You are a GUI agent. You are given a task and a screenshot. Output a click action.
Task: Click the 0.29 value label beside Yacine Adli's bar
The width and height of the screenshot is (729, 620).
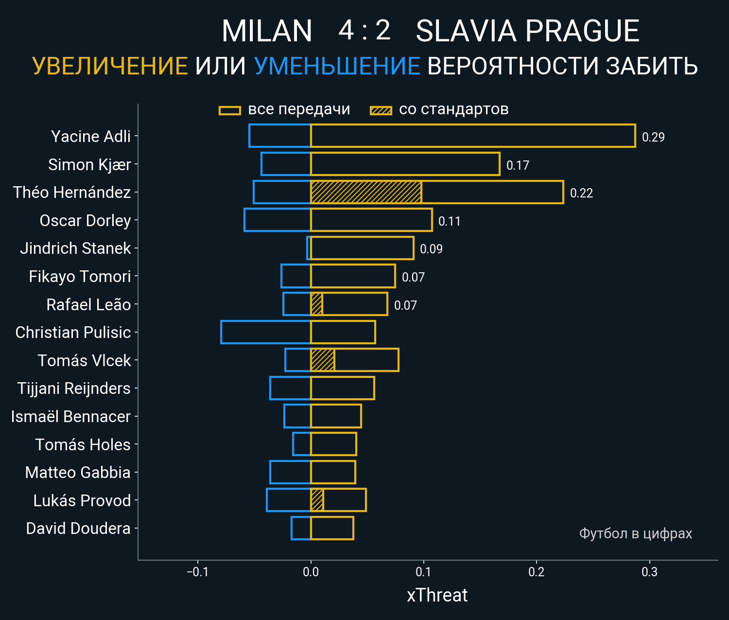coord(653,137)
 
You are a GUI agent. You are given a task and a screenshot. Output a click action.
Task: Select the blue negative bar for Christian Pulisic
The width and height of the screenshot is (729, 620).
coord(265,332)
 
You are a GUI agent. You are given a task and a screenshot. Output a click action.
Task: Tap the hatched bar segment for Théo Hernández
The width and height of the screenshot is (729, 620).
coord(365,192)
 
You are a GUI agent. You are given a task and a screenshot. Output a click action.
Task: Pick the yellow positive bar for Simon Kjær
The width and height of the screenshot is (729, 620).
coord(405,164)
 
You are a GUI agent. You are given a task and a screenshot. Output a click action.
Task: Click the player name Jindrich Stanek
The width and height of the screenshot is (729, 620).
coord(75,248)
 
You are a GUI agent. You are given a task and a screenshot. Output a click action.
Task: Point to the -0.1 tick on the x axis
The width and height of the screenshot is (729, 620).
coord(197,572)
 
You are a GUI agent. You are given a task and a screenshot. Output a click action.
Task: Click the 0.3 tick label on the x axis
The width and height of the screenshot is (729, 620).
coord(649,572)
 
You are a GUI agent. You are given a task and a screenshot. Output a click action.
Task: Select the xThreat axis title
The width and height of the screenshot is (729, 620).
coord(437,595)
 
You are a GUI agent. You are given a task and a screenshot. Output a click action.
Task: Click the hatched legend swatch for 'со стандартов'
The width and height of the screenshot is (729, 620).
coord(381,110)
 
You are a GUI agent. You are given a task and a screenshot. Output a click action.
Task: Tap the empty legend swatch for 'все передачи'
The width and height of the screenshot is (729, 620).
coord(229,110)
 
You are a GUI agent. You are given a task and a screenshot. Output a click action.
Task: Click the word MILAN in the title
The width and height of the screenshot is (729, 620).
coord(267,31)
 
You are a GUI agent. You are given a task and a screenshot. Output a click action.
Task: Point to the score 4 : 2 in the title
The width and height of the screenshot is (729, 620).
coord(364,31)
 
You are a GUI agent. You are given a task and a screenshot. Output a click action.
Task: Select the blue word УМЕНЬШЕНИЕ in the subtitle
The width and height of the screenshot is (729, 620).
coord(337,66)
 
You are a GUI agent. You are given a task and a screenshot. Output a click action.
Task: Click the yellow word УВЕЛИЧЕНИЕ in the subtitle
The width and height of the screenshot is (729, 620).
coord(110,66)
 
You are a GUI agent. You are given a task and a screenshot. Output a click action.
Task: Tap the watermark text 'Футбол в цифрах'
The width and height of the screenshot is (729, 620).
coord(635,533)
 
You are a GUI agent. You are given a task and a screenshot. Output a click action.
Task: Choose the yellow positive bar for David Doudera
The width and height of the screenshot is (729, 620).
coord(332,528)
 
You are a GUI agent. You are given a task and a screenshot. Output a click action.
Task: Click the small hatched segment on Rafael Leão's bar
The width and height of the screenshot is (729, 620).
coord(316,304)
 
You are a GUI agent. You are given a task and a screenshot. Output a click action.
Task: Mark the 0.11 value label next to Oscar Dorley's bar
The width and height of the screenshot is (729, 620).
coord(449,221)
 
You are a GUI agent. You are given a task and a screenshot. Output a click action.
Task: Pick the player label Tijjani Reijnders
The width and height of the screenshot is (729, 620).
coord(74,389)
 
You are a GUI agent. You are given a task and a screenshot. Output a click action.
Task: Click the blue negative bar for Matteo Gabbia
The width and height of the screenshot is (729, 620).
coord(290,472)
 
